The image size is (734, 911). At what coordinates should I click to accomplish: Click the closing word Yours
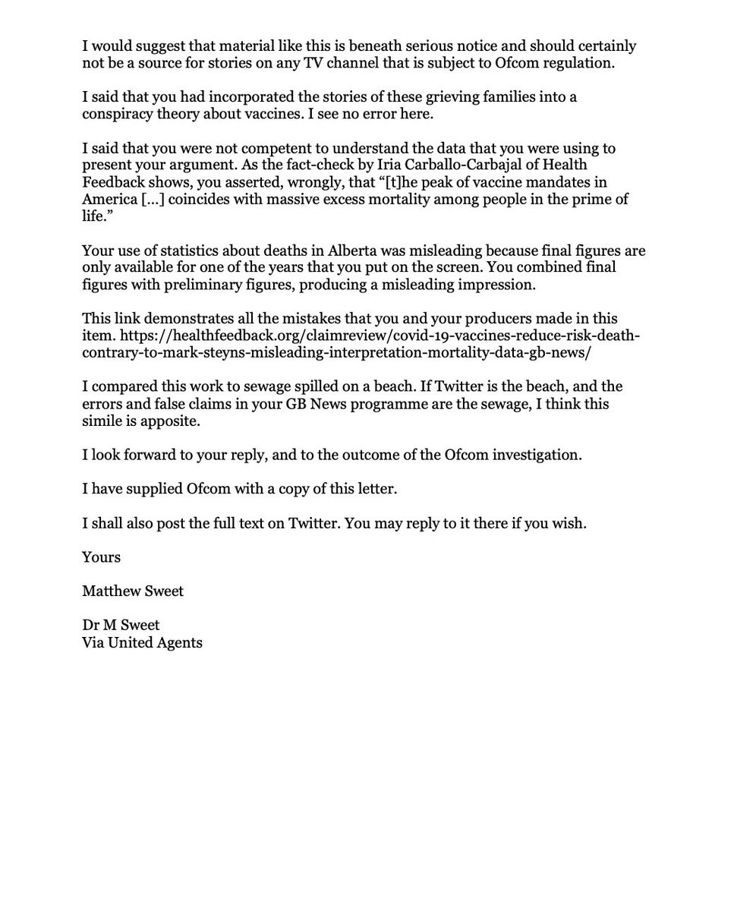[x=101, y=556]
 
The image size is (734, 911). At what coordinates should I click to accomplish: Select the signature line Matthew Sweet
[x=133, y=590]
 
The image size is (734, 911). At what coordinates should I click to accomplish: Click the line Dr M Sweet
[x=121, y=625]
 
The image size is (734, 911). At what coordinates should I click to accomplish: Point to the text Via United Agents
[x=143, y=642]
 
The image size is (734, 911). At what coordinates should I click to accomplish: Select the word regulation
[x=581, y=63]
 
